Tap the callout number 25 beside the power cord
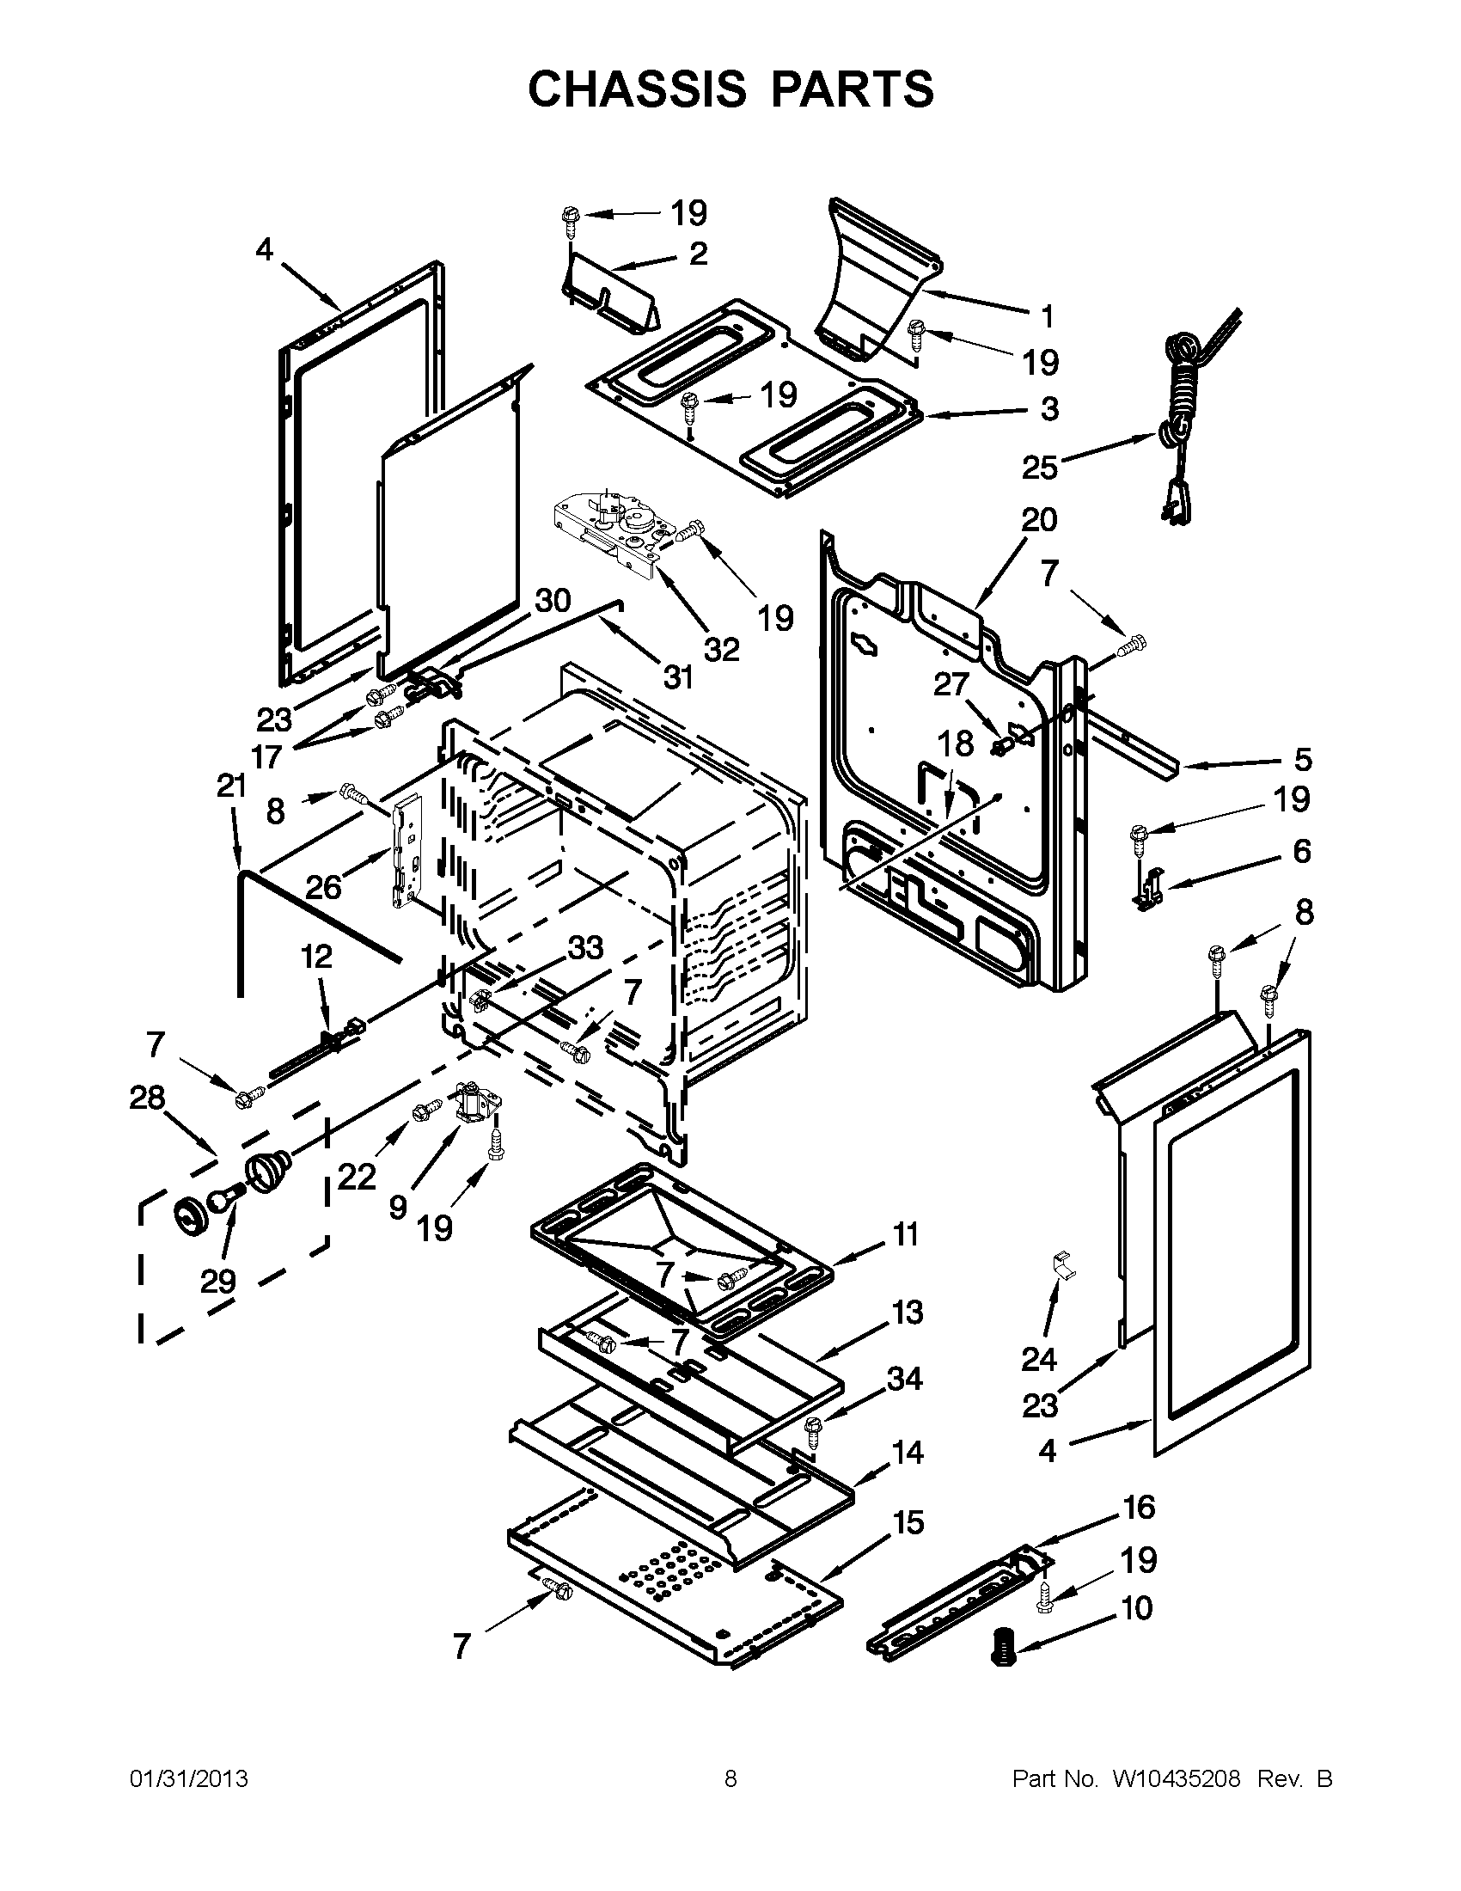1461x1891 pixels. [x=1040, y=468]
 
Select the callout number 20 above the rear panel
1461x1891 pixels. [x=1039, y=520]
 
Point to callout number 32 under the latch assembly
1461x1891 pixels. [x=721, y=648]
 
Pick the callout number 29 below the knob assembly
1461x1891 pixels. [x=217, y=1281]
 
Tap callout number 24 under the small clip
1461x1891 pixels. [x=1039, y=1360]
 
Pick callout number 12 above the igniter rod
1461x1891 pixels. [x=317, y=957]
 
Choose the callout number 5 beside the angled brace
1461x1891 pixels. [x=1303, y=759]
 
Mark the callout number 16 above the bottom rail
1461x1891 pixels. [x=1138, y=1508]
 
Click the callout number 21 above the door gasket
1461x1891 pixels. [x=231, y=786]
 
